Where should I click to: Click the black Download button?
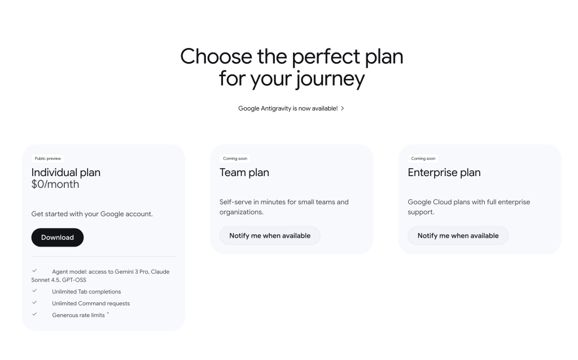click(58, 238)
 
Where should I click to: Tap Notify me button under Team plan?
click(270, 235)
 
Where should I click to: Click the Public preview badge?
click(48, 159)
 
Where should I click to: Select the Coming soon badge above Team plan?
click(235, 159)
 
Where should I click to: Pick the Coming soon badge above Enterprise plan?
click(423, 159)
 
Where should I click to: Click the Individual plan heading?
click(66, 173)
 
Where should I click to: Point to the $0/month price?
click(55, 185)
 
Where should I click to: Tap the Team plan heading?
click(244, 173)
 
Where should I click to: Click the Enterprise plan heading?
click(444, 173)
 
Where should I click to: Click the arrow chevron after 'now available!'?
click(343, 108)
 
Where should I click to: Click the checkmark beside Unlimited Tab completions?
click(34, 291)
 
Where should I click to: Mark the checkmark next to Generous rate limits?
click(34, 314)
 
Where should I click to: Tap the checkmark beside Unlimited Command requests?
click(34, 302)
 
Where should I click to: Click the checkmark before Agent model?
click(34, 271)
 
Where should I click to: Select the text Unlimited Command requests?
click(91, 304)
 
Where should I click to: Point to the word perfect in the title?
click(326, 57)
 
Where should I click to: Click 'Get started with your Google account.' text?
click(92, 214)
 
